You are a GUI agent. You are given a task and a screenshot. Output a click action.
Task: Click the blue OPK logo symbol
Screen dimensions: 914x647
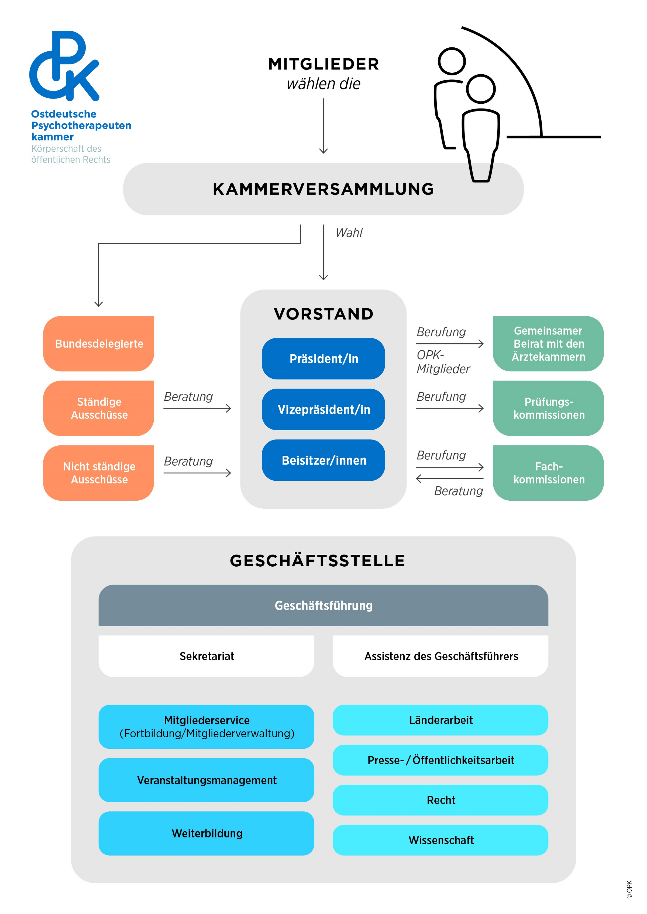click(64, 66)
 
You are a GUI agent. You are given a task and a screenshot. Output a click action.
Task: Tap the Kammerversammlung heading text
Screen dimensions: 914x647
click(323, 189)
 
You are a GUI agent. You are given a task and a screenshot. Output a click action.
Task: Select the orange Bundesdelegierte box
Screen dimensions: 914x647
click(99, 344)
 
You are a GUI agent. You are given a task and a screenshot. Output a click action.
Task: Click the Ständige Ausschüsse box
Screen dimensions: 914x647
click(99, 408)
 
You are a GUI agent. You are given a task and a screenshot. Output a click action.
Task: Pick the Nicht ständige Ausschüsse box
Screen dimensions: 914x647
click(99, 473)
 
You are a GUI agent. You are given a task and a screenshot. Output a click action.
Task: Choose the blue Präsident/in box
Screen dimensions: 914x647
click(323, 359)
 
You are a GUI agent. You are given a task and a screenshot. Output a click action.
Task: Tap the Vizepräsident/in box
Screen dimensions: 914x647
click(323, 409)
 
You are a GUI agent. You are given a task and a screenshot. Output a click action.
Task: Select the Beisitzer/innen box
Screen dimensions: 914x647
click(323, 460)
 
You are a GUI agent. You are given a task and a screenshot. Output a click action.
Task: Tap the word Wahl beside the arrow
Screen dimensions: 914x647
click(349, 232)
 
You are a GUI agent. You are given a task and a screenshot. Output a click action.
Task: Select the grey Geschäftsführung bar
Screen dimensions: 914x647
click(323, 605)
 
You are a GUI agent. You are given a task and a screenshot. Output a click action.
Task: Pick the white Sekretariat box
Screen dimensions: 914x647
click(207, 656)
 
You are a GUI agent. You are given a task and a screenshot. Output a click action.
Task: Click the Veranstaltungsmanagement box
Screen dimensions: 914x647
click(207, 780)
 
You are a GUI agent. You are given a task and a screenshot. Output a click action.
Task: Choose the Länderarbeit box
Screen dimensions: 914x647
click(440, 720)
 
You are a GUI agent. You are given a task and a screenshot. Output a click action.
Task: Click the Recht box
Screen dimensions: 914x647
click(440, 800)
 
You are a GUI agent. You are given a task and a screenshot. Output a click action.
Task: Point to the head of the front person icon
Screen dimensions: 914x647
click(481, 89)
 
